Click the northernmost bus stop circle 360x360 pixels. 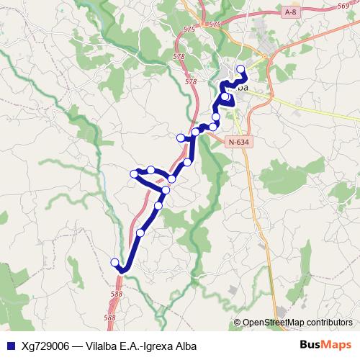240,69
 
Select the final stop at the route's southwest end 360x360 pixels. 114,262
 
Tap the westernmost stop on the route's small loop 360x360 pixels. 134,174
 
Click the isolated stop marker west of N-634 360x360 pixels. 181,138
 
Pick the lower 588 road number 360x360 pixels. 109,317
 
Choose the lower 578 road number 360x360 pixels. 191,82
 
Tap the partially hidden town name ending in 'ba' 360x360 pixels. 241,87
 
